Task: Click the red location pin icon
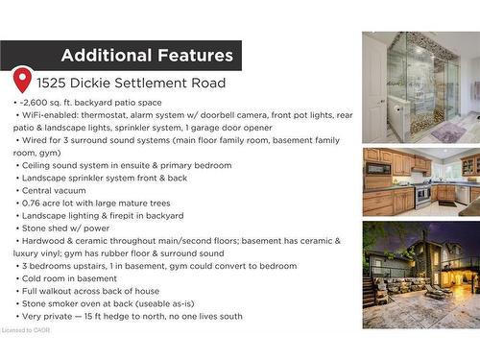click(22, 79)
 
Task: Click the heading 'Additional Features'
click(147, 56)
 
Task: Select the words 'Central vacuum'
click(54, 190)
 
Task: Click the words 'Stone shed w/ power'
click(60, 228)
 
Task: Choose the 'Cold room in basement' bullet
click(65, 278)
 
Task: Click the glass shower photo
click(420, 87)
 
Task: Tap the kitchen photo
click(420, 181)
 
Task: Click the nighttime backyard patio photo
click(420, 275)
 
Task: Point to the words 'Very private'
click(48, 316)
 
